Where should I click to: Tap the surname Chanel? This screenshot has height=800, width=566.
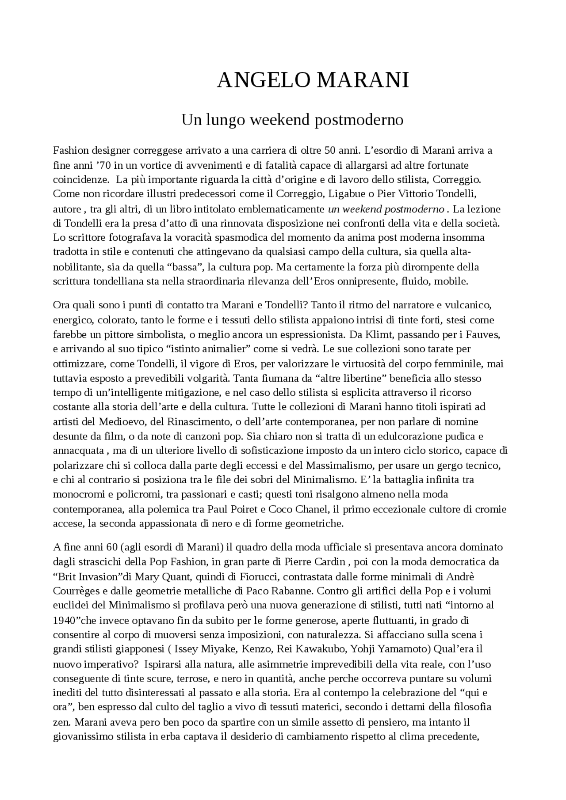(311, 509)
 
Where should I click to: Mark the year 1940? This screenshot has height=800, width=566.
(66, 620)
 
